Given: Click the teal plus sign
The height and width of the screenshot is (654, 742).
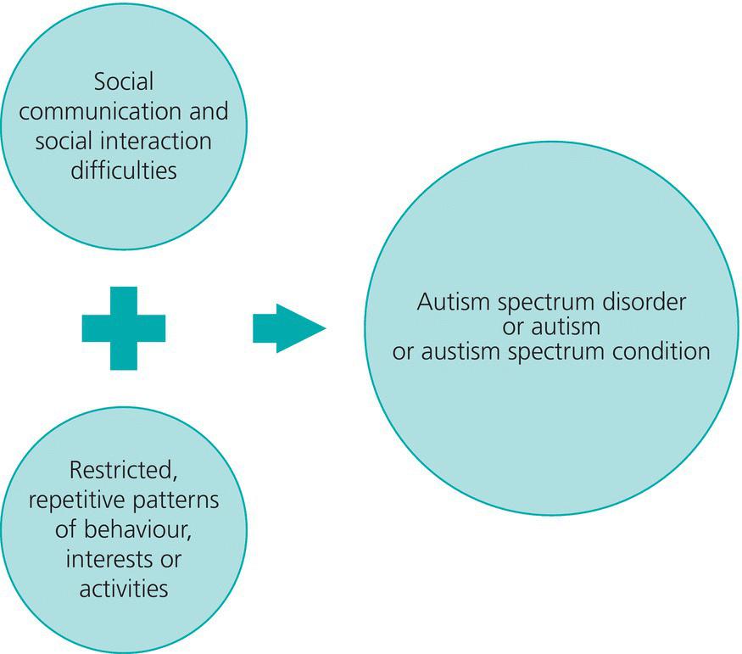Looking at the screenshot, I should [x=123, y=328].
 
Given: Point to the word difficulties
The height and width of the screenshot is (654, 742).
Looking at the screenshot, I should [x=124, y=169].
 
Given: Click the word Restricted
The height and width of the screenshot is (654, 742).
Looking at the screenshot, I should [x=124, y=469].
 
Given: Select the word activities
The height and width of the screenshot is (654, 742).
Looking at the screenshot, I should [x=124, y=589].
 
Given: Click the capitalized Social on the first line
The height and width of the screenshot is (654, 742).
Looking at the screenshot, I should [x=124, y=82].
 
